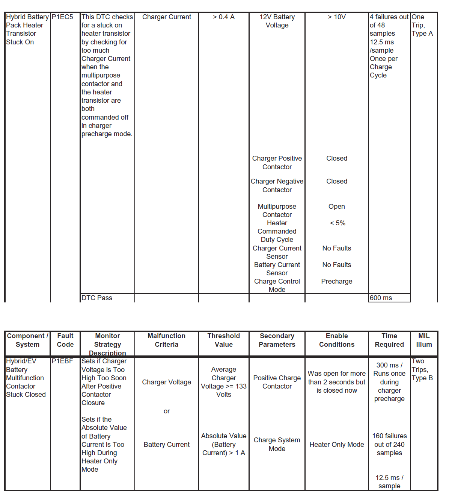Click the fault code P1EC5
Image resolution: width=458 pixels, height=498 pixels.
(62, 17)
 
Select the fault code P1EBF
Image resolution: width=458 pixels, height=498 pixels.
(62, 361)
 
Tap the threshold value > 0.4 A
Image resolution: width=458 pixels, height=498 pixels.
(224, 17)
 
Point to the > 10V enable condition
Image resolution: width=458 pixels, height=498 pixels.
(337, 17)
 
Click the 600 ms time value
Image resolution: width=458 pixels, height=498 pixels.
(381, 298)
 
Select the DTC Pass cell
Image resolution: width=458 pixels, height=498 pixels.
(97, 298)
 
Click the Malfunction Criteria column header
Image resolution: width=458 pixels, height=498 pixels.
(167, 340)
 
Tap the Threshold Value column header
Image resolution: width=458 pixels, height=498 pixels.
(224, 340)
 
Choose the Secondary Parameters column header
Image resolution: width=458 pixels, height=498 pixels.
(277, 340)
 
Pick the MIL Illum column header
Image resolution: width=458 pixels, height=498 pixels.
(424, 340)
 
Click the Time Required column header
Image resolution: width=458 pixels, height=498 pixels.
(389, 340)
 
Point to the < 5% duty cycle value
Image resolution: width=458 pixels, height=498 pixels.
(337, 223)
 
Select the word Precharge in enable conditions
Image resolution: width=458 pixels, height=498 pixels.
(337, 281)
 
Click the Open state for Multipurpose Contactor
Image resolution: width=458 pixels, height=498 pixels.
(337, 206)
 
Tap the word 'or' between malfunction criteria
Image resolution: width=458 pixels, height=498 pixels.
(167, 411)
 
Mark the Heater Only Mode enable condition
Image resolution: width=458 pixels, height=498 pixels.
(337, 445)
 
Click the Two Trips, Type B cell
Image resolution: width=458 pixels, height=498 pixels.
(422, 369)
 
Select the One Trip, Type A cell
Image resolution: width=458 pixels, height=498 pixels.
(422, 25)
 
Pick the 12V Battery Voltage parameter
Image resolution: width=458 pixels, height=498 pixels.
(277, 21)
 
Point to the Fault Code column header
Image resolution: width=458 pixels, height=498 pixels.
(65, 340)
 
